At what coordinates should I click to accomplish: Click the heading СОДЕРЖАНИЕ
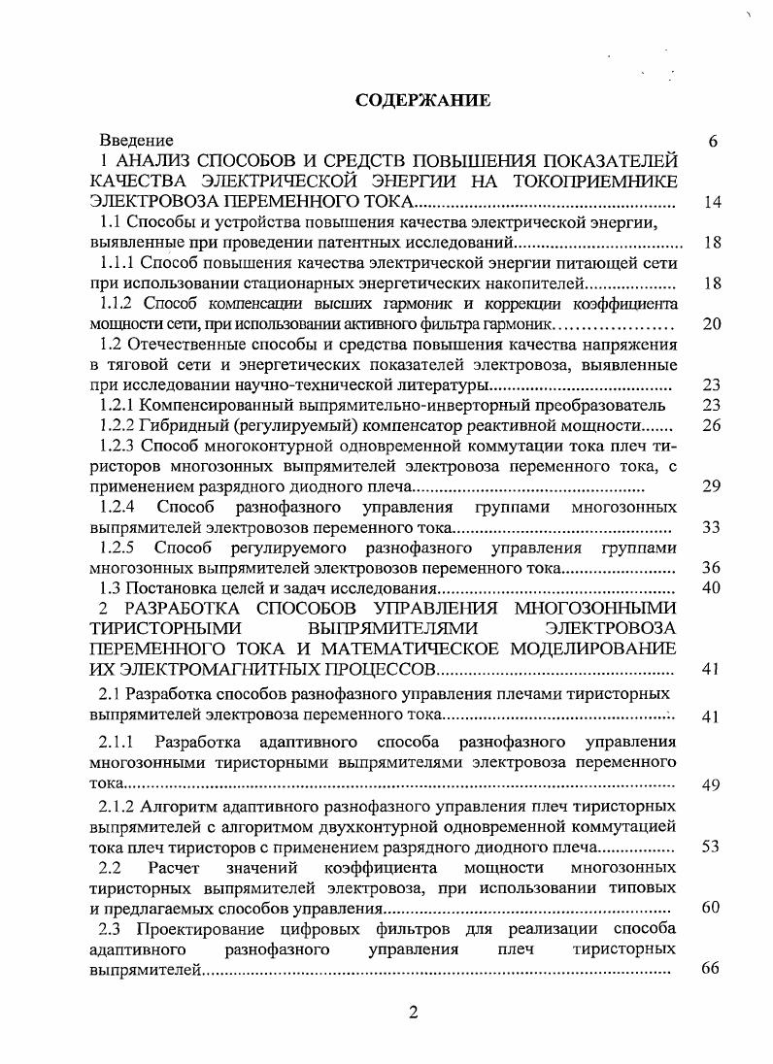point(423,100)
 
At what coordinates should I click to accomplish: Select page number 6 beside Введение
point(712,142)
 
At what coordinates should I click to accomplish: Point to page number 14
point(711,203)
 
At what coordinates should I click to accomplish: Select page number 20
point(711,324)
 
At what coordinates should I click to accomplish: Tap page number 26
point(711,425)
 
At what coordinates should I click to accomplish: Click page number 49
point(711,785)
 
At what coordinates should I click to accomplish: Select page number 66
point(711,970)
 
